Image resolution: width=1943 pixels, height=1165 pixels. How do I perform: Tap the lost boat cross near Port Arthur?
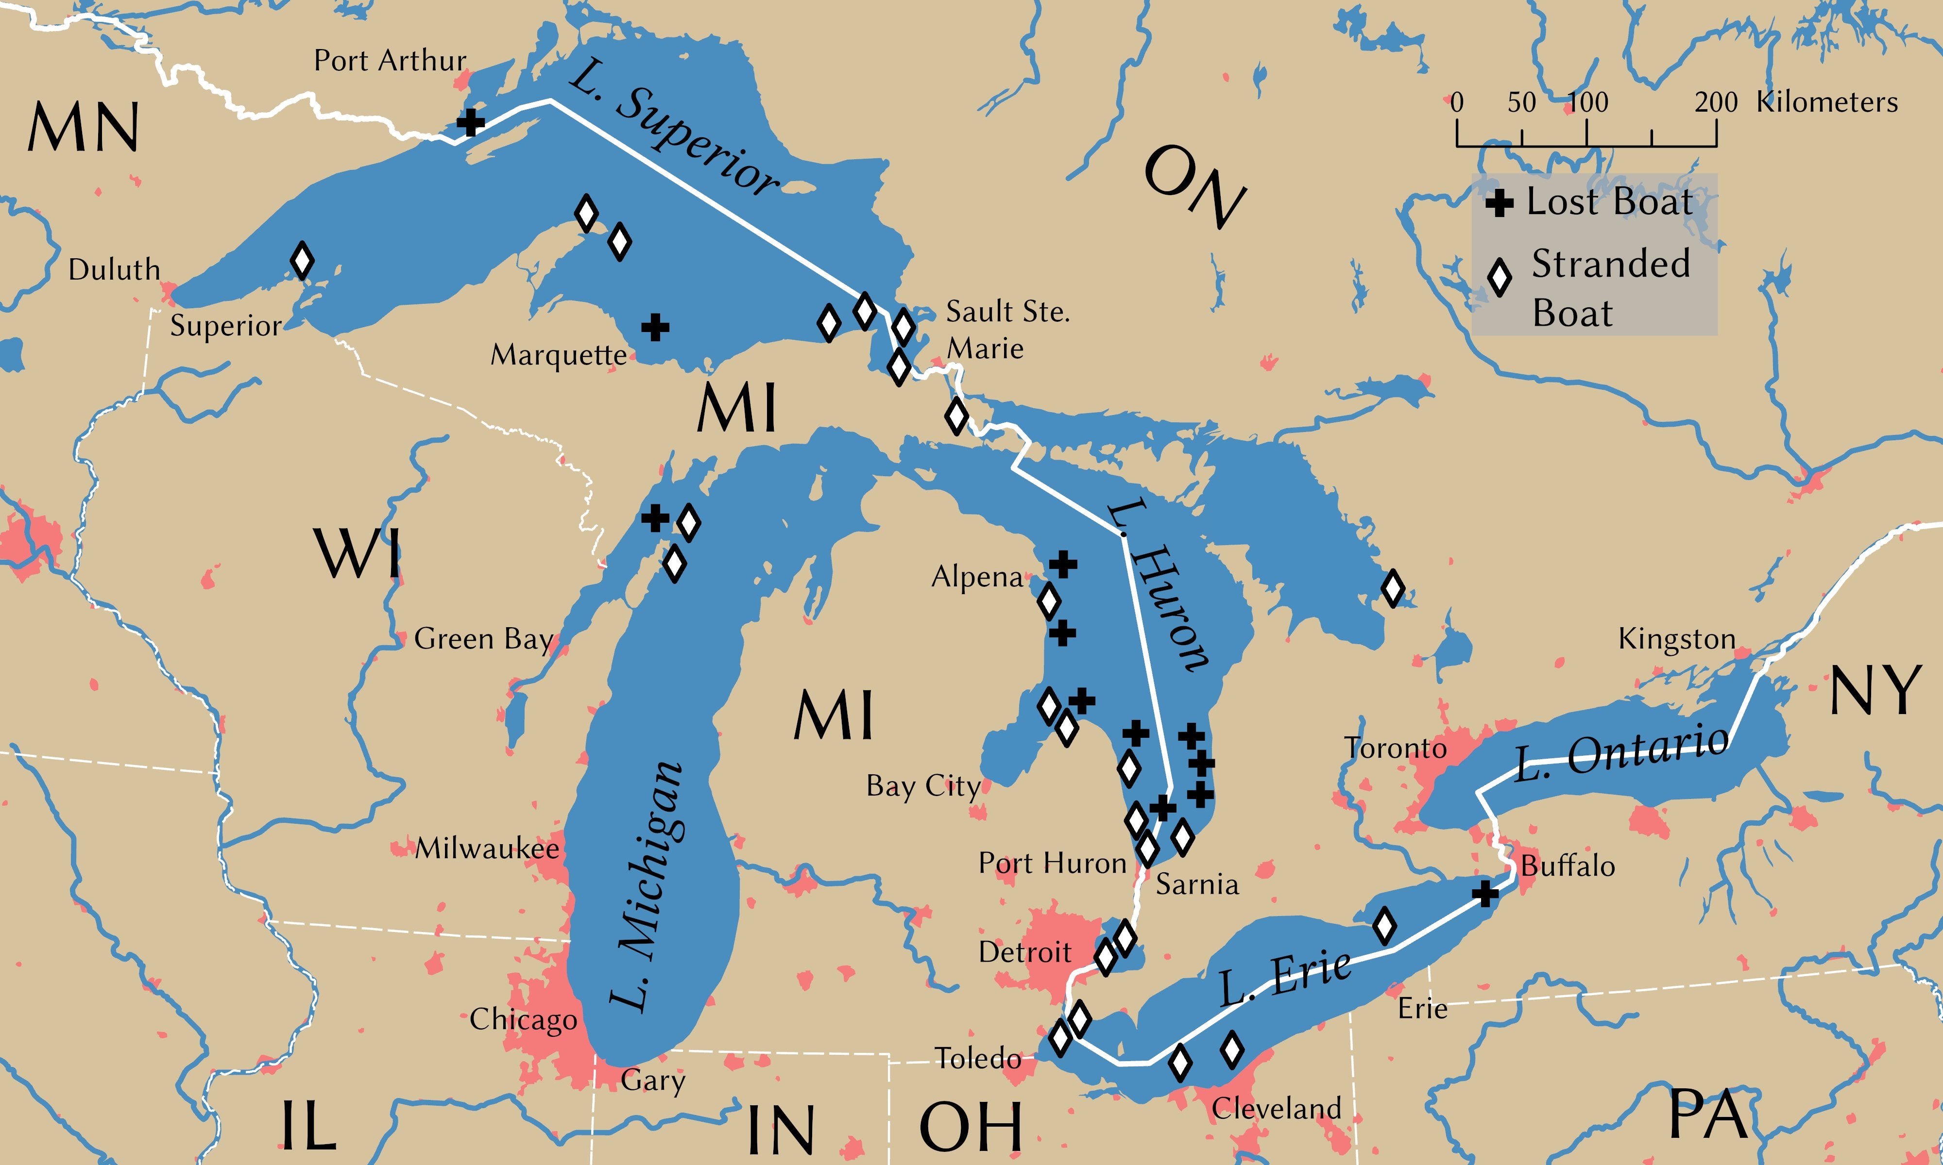(x=470, y=122)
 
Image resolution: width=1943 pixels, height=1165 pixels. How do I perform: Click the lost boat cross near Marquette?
(x=655, y=327)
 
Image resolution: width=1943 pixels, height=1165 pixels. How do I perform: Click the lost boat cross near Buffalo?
(x=1484, y=893)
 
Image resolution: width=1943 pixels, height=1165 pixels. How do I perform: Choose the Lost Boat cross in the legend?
(x=1499, y=204)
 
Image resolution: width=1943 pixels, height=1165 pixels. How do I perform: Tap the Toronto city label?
(x=1395, y=748)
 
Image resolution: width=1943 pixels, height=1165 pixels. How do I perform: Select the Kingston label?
(x=1677, y=639)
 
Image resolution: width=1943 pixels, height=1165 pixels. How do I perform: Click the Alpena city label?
(x=977, y=578)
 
